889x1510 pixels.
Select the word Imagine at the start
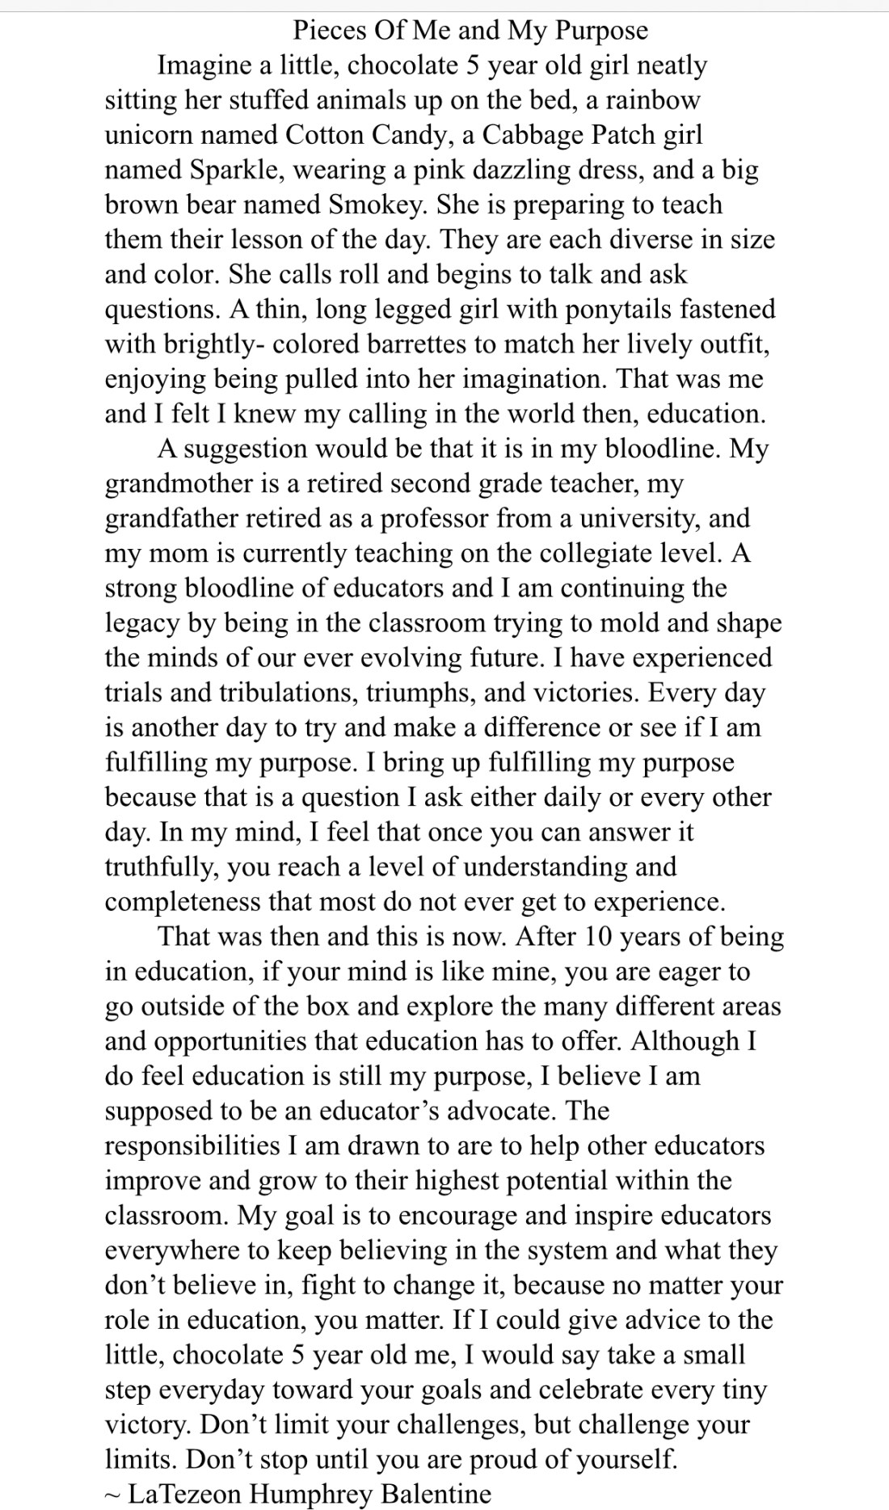pyautogui.click(x=203, y=65)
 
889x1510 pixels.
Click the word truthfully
pyautogui.click(x=162, y=867)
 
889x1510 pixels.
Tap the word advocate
pyautogui.click(x=501, y=1111)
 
